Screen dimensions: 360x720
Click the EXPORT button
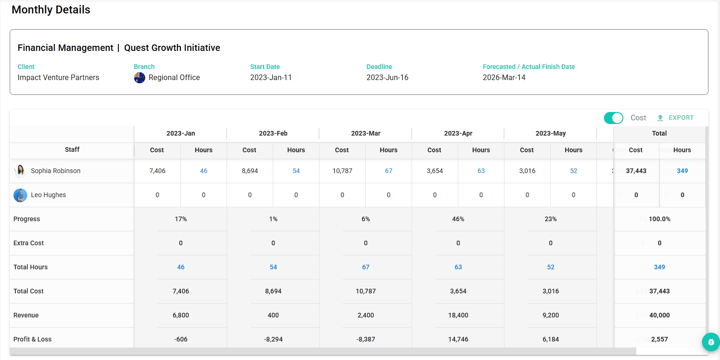tap(676, 118)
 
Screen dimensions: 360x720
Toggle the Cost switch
tap(614, 118)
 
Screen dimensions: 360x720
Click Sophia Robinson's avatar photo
tap(20, 171)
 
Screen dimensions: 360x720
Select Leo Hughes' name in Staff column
tap(48, 195)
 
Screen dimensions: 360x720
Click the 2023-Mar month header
tap(365, 133)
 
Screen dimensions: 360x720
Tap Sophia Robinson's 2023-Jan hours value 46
tap(203, 171)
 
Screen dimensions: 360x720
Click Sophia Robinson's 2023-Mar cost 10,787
tap(342, 171)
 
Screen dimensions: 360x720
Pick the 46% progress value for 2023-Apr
tap(458, 219)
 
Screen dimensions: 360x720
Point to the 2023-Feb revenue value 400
tap(273, 315)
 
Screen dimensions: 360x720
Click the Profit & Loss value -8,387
tap(365, 339)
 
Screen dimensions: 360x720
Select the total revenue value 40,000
tap(659, 315)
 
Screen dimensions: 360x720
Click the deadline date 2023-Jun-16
tap(387, 78)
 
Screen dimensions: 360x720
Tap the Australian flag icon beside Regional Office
tap(140, 78)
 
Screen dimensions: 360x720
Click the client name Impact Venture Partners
tap(58, 78)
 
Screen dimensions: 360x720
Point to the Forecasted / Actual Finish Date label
tap(529, 67)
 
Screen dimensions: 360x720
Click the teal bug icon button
tap(711, 342)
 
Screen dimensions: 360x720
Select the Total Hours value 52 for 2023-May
tap(550, 267)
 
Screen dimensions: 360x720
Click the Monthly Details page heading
tap(51, 10)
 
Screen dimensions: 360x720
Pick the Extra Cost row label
tap(29, 243)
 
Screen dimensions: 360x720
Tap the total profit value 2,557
tap(659, 339)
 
